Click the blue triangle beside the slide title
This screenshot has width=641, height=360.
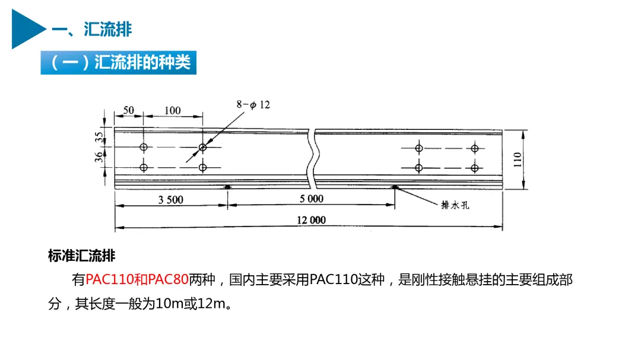(x=26, y=29)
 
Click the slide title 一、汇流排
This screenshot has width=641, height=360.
(x=91, y=29)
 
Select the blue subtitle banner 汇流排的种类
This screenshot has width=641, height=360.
(x=118, y=62)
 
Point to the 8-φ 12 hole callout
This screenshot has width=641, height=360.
(x=253, y=104)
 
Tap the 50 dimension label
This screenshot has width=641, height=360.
(x=128, y=110)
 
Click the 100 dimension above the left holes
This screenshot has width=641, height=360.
(x=172, y=110)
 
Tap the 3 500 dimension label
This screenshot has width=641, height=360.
(x=170, y=200)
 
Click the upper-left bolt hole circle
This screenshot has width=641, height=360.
(x=143, y=147)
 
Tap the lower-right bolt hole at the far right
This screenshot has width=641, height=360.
(x=474, y=168)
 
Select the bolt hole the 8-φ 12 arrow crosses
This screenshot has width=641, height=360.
(x=203, y=147)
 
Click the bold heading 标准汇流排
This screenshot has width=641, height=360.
(x=81, y=256)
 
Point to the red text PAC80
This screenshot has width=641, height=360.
(x=168, y=280)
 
